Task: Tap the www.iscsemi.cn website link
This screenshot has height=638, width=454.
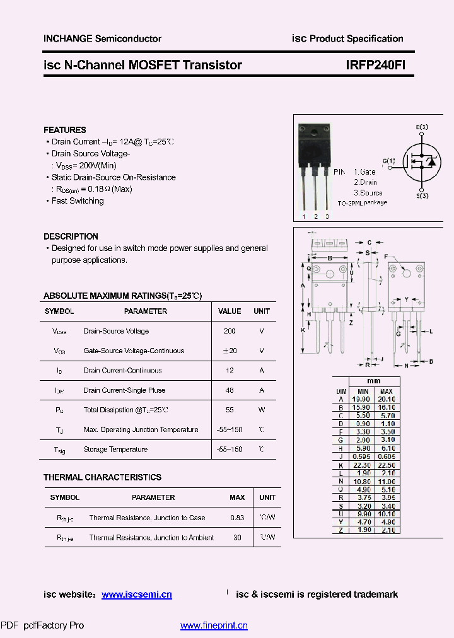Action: tap(137, 594)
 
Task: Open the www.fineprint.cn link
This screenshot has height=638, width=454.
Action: tap(214, 625)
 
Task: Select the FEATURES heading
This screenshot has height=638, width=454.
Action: tap(65, 130)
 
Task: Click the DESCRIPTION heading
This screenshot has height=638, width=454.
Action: tap(71, 236)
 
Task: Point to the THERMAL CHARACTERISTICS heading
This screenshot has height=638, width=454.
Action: tap(102, 477)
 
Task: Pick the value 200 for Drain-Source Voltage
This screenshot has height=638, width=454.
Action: tap(230, 331)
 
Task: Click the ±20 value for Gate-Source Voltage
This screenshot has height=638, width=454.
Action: tap(230, 351)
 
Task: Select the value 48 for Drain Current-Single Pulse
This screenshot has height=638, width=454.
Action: tap(230, 390)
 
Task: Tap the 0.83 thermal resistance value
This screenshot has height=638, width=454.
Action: tap(237, 518)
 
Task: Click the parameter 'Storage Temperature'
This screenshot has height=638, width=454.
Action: tap(115, 449)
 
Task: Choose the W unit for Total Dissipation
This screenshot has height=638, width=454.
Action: tap(262, 410)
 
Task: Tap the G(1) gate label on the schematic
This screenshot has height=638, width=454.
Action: tap(389, 161)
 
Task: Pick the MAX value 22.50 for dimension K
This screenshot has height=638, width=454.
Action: tap(386, 465)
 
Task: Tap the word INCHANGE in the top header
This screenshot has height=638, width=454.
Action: tap(68, 38)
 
